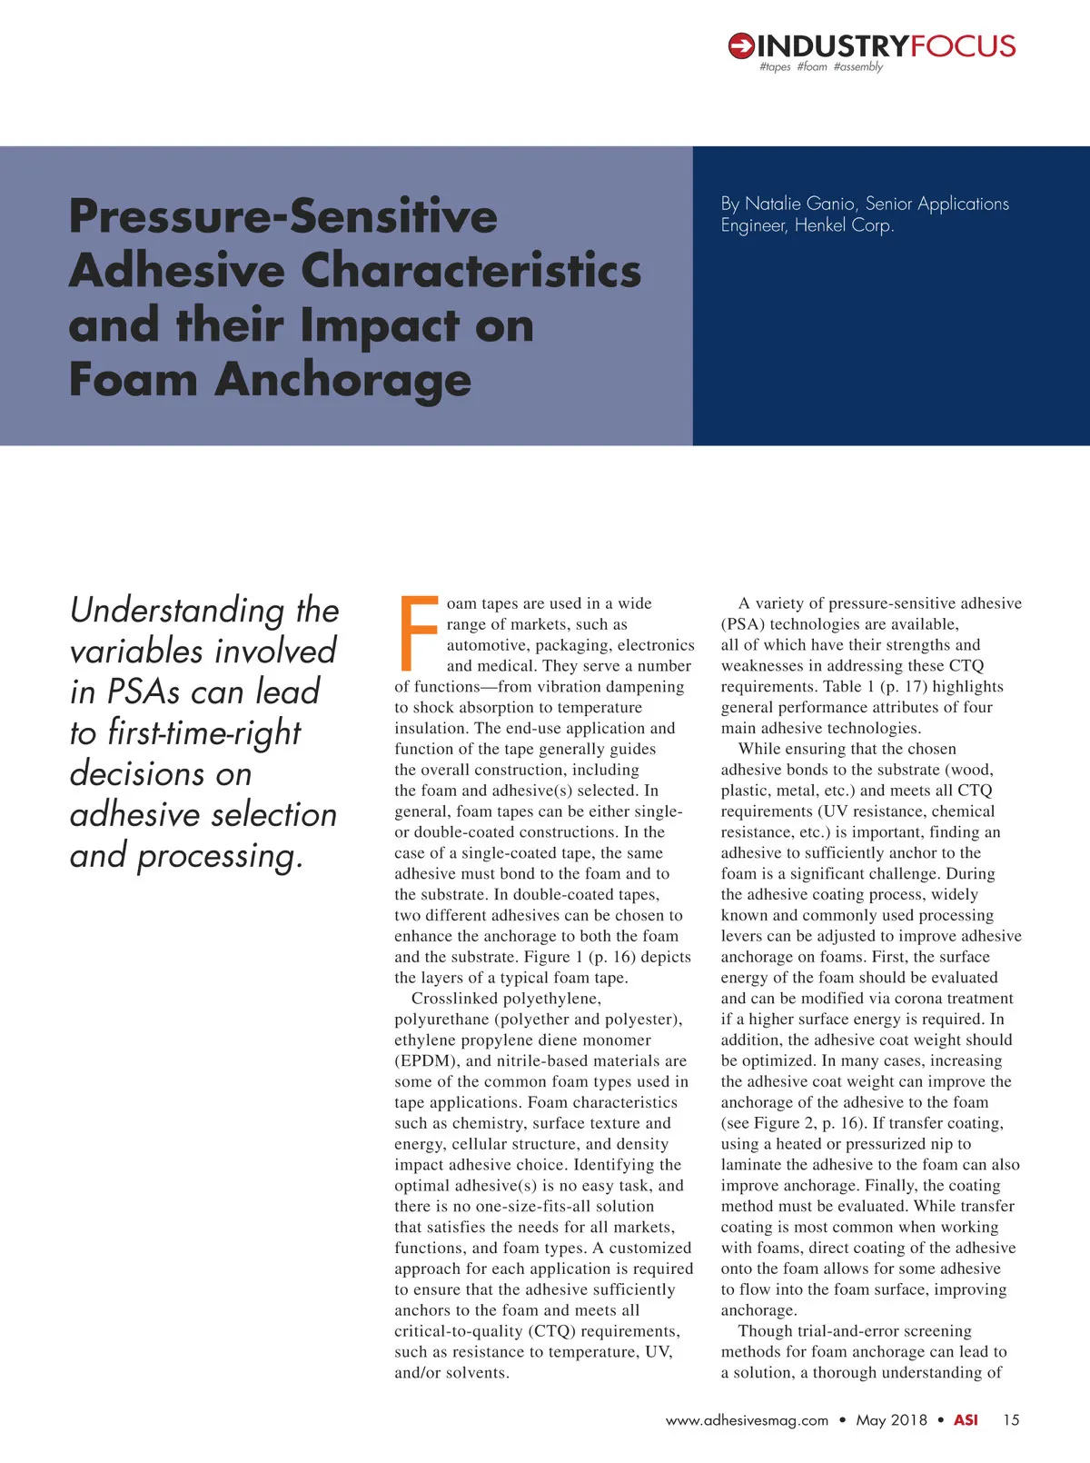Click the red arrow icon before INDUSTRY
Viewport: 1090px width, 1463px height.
(x=741, y=45)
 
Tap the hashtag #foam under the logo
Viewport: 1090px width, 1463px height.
(x=812, y=67)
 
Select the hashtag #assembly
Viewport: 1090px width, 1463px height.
(x=857, y=67)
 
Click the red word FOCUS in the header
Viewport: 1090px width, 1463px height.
(x=963, y=45)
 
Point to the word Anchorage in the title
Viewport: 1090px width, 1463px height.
(x=343, y=380)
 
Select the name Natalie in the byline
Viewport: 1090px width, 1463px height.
(x=774, y=204)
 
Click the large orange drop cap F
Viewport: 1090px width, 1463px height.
(x=418, y=632)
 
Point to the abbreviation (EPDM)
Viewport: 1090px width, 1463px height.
(x=425, y=1060)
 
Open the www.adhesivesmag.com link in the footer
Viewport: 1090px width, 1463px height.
(x=747, y=1420)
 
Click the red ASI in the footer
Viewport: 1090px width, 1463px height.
(x=966, y=1420)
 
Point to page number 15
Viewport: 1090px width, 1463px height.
(x=1011, y=1420)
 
